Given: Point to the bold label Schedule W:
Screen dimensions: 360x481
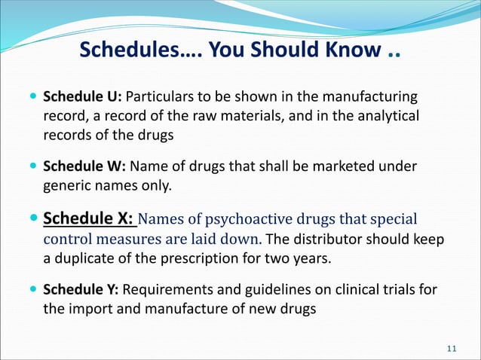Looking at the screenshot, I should (84, 166).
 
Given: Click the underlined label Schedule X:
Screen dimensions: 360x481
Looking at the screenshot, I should (89, 220).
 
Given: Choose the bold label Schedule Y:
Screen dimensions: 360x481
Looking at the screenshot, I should (82, 290).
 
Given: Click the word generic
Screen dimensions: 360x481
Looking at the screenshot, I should (66, 185).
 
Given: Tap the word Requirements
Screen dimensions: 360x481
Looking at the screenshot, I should (165, 290).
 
